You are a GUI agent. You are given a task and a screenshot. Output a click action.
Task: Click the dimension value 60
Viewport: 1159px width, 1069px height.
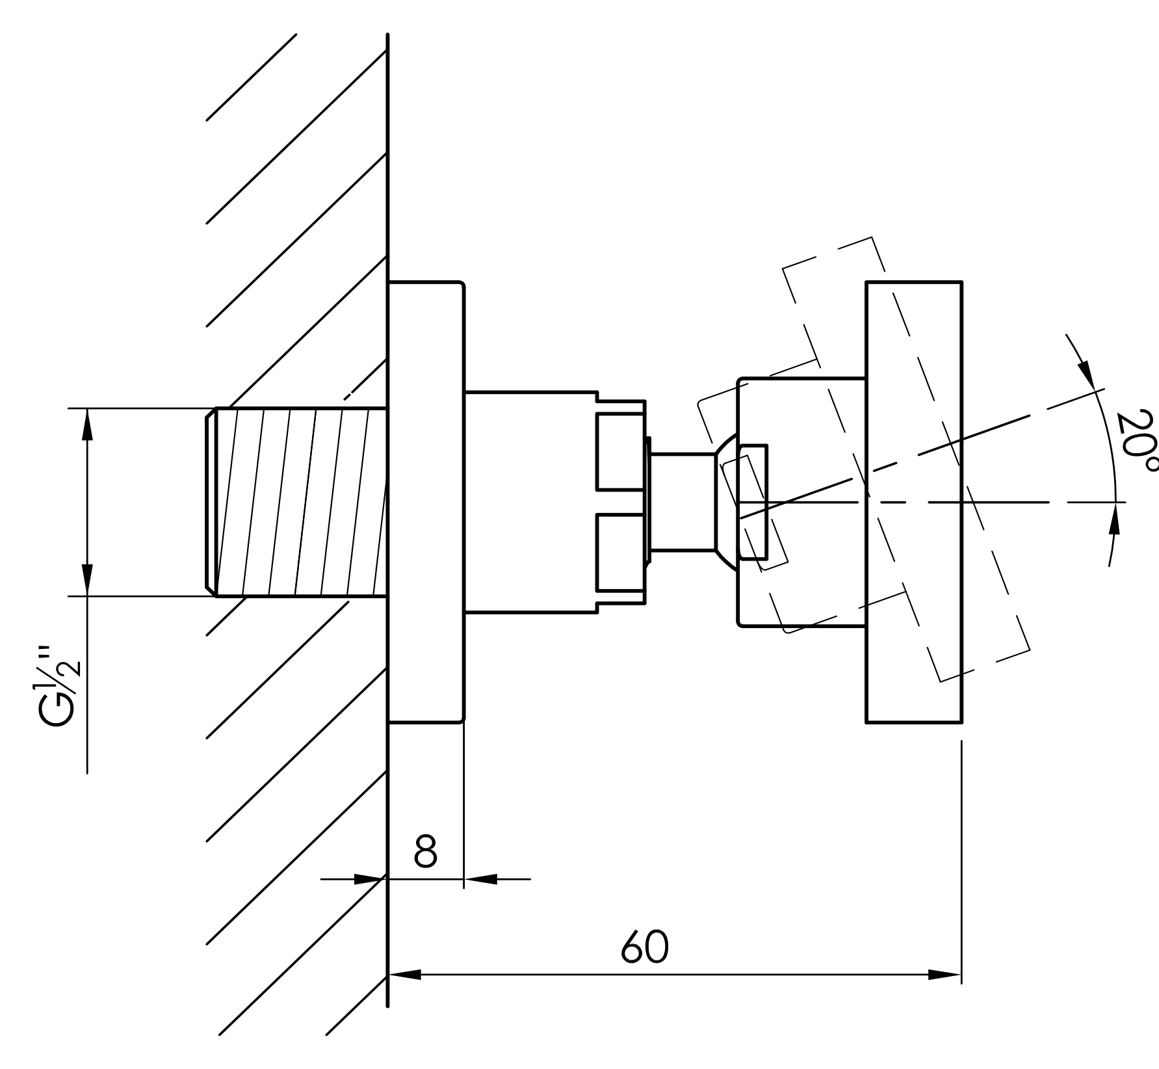(644, 947)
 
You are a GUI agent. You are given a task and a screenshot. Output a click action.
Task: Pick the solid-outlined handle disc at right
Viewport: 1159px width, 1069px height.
(914, 502)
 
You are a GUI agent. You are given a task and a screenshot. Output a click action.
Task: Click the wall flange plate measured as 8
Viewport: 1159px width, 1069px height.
(426, 502)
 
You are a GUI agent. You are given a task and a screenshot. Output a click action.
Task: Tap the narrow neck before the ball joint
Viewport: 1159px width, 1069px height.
(683, 502)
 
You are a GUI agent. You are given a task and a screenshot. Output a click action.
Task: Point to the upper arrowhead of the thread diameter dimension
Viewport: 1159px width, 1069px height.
(87, 425)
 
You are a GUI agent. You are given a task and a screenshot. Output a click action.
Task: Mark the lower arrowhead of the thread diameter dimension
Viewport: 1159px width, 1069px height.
(87, 579)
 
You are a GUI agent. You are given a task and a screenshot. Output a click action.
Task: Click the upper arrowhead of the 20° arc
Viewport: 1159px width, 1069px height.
(1086, 375)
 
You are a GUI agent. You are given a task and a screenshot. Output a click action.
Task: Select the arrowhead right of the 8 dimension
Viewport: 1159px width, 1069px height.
(481, 879)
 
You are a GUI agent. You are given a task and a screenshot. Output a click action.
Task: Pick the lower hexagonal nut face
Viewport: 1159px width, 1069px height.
(621, 552)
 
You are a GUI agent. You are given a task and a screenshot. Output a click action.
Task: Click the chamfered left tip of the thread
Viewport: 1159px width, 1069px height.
(211, 501)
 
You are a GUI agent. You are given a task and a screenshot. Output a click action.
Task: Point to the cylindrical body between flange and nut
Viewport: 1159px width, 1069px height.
(531, 502)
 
